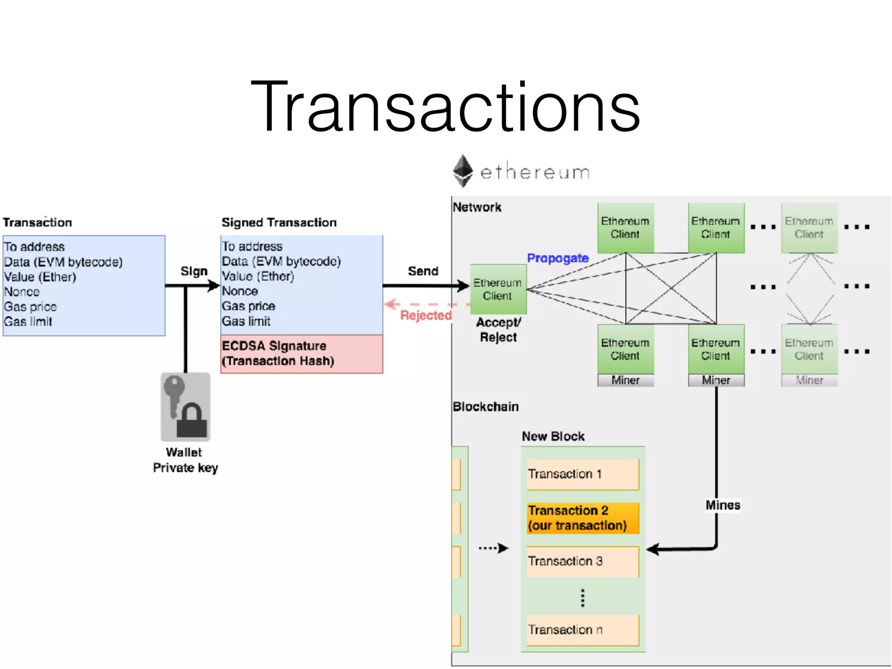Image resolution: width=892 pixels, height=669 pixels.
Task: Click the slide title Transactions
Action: click(445, 107)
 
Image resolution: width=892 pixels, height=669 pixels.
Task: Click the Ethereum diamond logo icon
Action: click(463, 171)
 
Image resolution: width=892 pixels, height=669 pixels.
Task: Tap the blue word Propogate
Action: click(557, 258)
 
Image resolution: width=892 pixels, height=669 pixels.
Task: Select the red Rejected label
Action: click(426, 315)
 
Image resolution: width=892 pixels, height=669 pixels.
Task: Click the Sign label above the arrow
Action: click(194, 271)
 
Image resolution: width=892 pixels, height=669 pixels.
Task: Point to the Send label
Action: click(423, 271)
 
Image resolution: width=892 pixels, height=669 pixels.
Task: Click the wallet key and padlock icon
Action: click(186, 407)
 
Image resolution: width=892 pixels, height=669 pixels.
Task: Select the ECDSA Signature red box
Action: click(301, 354)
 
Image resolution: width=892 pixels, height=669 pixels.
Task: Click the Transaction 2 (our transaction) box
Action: click(582, 518)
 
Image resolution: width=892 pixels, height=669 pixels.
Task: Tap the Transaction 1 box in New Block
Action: click(582, 474)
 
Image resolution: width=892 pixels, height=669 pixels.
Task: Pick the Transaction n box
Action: click(582, 630)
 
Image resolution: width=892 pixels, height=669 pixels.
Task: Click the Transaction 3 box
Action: click(582, 561)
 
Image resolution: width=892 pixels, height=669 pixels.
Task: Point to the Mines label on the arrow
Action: click(723, 505)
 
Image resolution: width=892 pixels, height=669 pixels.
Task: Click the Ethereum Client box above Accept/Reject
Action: click(498, 289)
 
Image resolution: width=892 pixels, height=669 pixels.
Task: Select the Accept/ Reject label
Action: click(498, 330)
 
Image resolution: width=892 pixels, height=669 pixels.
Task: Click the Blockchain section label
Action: click(485, 407)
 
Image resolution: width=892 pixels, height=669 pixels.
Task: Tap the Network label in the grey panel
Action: click(477, 207)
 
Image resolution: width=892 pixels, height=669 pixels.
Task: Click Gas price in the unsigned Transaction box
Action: click(30, 307)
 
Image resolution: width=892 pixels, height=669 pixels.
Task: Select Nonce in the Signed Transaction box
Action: click(240, 291)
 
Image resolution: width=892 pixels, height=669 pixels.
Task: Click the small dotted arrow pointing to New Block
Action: click(493, 548)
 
